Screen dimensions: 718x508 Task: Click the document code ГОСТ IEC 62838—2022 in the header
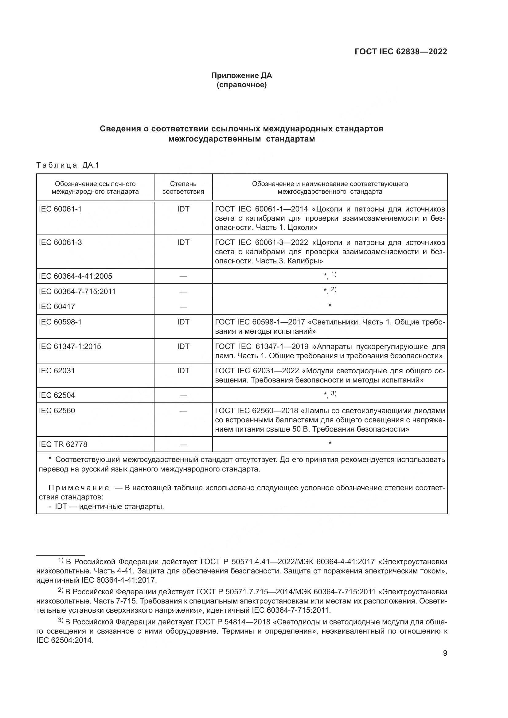401,52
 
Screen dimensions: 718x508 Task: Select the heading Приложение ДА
241,76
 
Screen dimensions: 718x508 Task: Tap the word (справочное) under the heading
241,85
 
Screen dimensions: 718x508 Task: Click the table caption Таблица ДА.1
68,165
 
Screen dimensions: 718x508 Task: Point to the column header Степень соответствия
183,188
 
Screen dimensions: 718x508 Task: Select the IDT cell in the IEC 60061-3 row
183,243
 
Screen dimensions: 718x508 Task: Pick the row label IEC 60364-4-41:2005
75,276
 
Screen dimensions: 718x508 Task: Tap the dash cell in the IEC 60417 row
183,307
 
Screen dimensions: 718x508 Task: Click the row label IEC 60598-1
60,322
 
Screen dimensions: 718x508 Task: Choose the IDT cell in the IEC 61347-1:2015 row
183,346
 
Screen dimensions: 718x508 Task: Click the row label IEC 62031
57,371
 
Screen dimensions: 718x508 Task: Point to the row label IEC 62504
57,395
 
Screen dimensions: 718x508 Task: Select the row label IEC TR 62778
63,444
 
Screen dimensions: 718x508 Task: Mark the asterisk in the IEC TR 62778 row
330,444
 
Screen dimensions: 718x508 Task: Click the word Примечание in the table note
79,488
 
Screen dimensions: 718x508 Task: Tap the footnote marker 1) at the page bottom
61,560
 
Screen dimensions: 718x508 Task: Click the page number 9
445,653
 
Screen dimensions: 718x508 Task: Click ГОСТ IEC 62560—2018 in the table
256,411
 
